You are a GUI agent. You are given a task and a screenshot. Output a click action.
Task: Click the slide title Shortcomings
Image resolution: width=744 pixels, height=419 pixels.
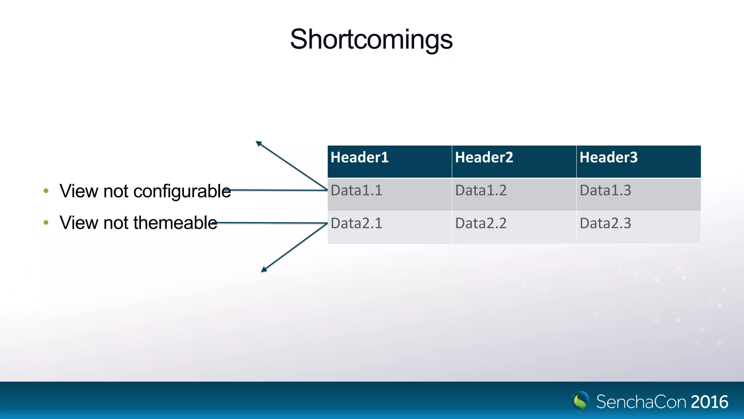pyautogui.click(x=371, y=39)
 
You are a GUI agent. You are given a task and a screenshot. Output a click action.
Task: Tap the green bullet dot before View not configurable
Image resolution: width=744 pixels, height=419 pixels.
pyautogui.click(x=46, y=191)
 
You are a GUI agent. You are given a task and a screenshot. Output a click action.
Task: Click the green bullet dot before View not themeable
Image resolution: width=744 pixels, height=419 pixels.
pyautogui.click(x=46, y=222)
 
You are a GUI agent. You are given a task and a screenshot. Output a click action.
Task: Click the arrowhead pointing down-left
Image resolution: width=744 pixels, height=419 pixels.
pyautogui.click(x=264, y=270)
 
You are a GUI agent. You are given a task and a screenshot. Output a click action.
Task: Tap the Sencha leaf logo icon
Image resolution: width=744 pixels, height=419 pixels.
pyautogui.click(x=581, y=402)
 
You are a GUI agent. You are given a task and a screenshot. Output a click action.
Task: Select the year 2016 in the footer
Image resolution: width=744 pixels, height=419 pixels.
pyautogui.click(x=709, y=402)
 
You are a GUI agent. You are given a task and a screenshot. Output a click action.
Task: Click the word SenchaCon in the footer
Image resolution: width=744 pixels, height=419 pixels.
pyautogui.click(x=641, y=402)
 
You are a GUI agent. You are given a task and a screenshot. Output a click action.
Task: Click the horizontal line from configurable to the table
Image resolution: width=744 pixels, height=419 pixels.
pyautogui.click(x=280, y=190)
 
